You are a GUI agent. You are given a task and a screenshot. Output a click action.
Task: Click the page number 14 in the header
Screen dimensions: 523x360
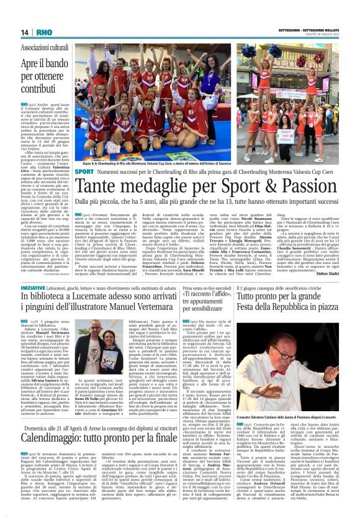pyautogui.click(x=24, y=32)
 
